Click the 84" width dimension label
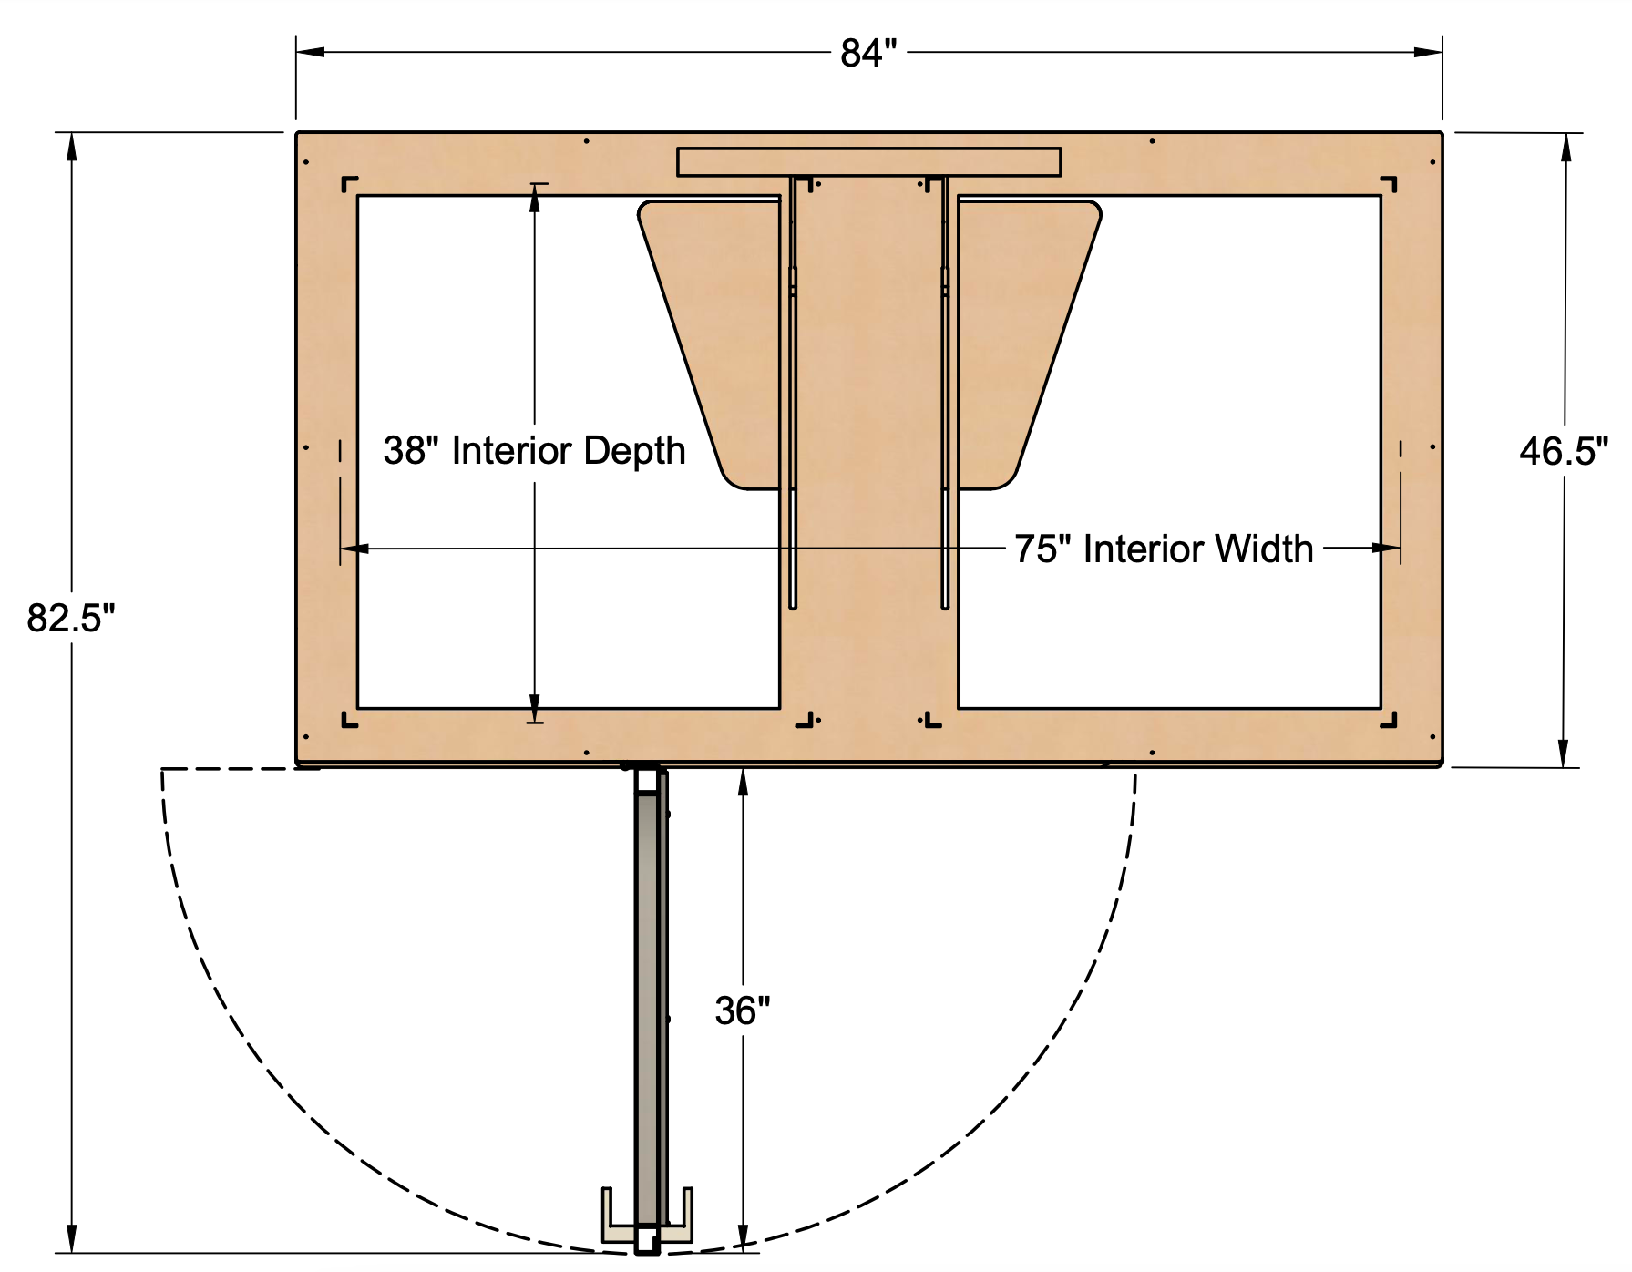(867, 53)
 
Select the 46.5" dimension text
(1563, 451)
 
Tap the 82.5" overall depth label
(71, 618)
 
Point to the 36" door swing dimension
(743, 1010)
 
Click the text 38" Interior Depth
(534, 451)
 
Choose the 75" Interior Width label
(1164, 549)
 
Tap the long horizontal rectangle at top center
(868, 161)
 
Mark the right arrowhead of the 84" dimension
(1429, 53)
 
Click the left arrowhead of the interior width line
(354, 549)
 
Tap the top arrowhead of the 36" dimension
(743, 781)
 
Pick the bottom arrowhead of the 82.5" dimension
(71, 1241)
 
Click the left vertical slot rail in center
(793, 392)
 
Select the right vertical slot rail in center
(945, 392)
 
